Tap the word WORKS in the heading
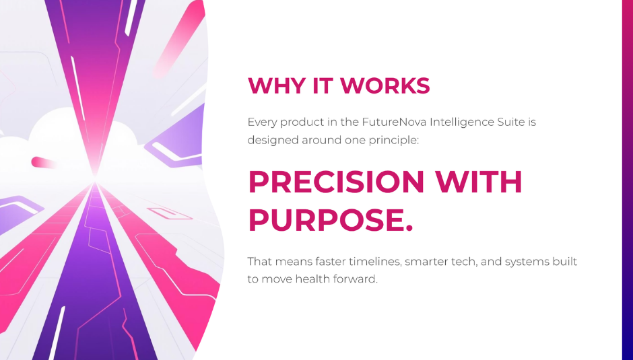point(385,85)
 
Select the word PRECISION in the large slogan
point(336,182)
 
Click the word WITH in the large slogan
point(478,182)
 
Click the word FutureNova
point(394,122)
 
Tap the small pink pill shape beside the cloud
point(43,162)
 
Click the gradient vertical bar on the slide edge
point(628,180)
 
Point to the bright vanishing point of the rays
point(95,176)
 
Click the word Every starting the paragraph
point(262,122)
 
